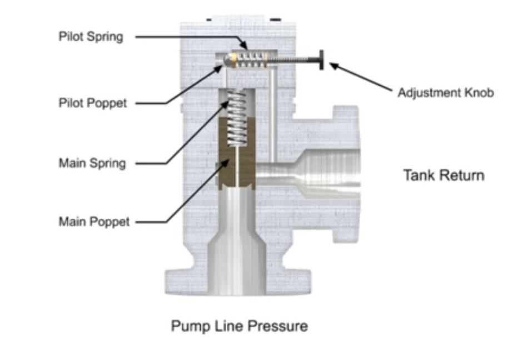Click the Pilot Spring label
coord(91,37)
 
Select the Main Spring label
coord(92,164)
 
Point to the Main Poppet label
coord(94,221)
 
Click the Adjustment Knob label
coord(445,92)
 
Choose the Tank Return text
coord(443,176)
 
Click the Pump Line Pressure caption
coord(239,326)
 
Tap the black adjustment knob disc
coord(321,60)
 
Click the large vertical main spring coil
coord(237,117)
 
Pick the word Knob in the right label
coord(480,92)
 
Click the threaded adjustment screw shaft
coord(295,60)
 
